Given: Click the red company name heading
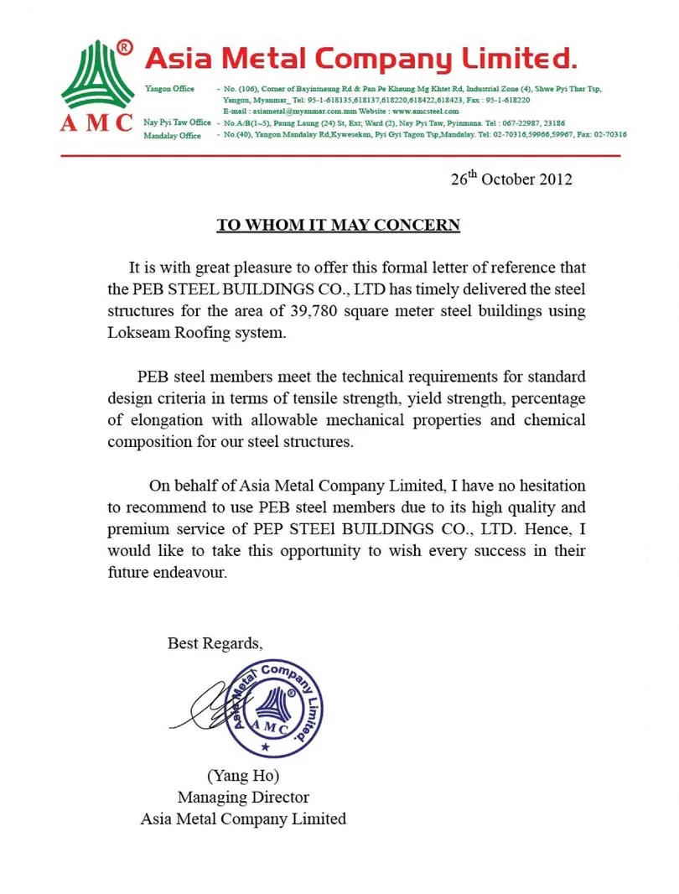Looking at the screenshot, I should (x=360, y=59).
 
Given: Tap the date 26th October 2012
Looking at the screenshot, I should (x=511, y=179).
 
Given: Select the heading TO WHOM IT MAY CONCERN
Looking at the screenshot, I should (x=339, y=225).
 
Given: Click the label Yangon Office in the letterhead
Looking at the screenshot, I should (x=169, y=89).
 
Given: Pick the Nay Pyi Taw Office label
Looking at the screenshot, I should (x=177, y=122).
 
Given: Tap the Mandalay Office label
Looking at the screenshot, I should (x=173, y=135).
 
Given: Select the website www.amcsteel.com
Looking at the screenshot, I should (x=425, y=111).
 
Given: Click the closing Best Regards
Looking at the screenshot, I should (x=215, y=643).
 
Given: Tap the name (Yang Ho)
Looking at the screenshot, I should (x=242, y=774).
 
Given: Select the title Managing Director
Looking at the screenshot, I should (x=243, y=797).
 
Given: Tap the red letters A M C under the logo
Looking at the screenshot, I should (x=96, y=122).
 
